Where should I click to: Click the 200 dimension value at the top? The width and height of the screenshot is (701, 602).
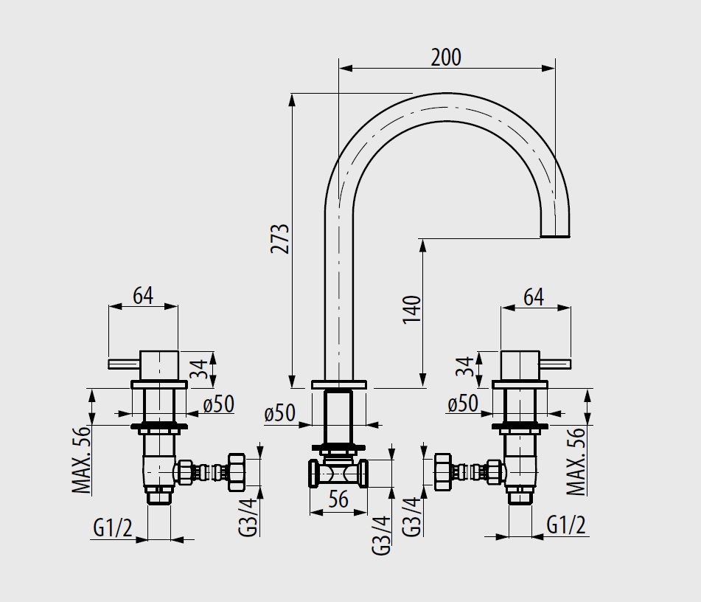click(x=446, y=58)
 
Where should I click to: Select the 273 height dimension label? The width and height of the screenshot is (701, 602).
click(x=280, y=238)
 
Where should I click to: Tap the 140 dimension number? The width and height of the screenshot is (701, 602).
click(x=412, y=310)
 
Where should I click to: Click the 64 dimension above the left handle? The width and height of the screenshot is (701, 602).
click(x=143, y=295)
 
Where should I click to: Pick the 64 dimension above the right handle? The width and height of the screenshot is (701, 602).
click(x=534, y=297)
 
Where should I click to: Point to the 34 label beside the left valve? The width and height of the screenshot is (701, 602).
click(x=200, y=369)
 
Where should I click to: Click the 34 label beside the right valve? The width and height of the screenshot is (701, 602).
click(x=465, y=366)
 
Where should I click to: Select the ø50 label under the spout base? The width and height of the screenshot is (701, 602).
click(x=280, y=412)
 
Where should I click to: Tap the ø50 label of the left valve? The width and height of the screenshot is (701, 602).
click(x=219, y=404)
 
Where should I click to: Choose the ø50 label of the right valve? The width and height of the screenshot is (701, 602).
click(x=463, y=404)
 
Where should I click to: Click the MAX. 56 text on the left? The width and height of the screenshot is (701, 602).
click(x=81, y=460)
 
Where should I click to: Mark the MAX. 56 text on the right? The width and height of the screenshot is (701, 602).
click(x=576, y=461)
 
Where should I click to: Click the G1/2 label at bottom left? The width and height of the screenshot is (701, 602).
click(x=113, y=527)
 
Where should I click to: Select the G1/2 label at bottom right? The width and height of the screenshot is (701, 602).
click(x=566, y=525)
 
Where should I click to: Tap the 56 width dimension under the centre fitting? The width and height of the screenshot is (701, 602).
click(x=338, y=499)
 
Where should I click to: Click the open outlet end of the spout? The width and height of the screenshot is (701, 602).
click(x=555, y=235)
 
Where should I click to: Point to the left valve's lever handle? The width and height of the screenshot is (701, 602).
click(x=124, y=364)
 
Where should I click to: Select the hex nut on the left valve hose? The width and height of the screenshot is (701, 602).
click(x=236, y=473)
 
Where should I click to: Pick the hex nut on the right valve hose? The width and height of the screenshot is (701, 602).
click(x=442, y=473)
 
